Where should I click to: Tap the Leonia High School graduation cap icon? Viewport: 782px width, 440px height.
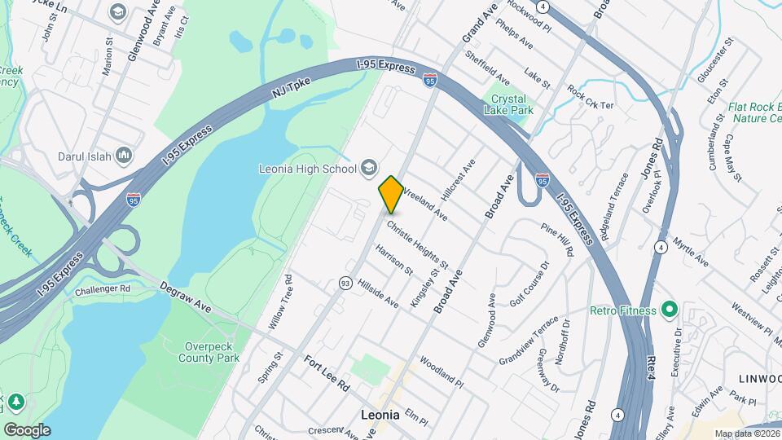[x=369, y=168]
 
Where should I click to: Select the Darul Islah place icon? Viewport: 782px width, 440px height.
[x=124, y=156]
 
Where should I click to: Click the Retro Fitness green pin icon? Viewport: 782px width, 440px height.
[x=669, y=309]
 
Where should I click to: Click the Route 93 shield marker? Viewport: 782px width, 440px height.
[x=345, y=283]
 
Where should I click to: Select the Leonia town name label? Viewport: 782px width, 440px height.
[x=380, y=414]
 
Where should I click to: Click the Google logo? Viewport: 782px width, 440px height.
[x=27, y=429]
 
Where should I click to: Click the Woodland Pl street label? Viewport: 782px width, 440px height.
[x=442, y=370]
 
